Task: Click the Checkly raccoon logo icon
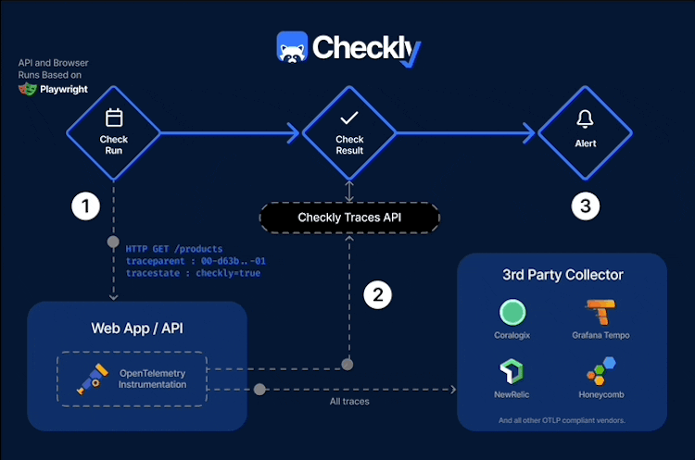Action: (x=292, y=47)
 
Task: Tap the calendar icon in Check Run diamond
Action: (x=114, y=118)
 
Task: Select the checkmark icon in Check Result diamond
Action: (x=349, y=118)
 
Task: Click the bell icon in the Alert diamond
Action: (x=585, y=118)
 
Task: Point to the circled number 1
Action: (x=85, y=206)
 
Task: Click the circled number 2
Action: (x=376, y=295)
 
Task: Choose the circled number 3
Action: (x=585, y=206)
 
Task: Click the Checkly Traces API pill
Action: (x=349, y=218)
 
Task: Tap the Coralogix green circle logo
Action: (x=512, y=312)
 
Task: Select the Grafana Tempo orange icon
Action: (x=600, y=312)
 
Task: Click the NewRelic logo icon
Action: (x=512, y=372)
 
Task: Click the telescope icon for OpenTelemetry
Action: (x=90, y=378)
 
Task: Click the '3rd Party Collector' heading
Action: (x=562, y=275)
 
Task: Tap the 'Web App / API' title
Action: (x=137, y=328)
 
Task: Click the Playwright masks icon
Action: (x=27, y=90)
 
